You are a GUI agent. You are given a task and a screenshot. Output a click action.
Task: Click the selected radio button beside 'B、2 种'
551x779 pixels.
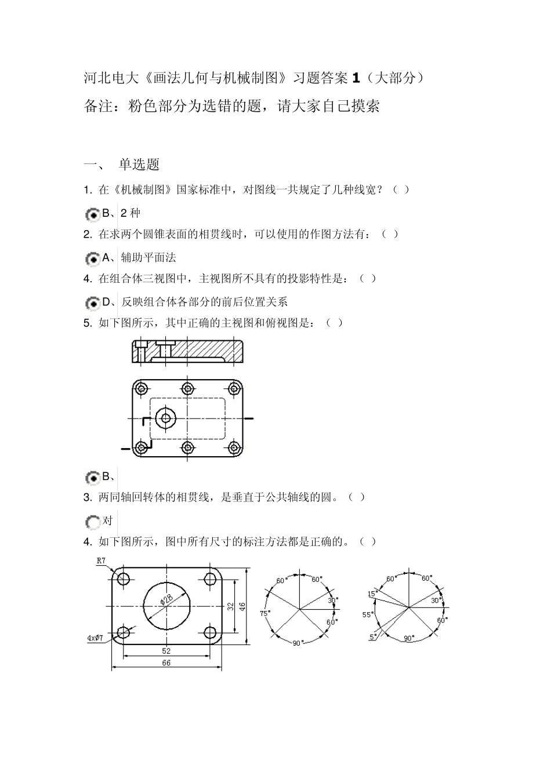92,214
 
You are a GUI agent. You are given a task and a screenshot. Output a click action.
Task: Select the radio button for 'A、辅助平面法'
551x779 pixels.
92,259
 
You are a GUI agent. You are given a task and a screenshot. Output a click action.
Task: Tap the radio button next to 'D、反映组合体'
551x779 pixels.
92,303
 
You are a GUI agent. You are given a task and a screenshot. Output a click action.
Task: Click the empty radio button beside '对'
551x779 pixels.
92,522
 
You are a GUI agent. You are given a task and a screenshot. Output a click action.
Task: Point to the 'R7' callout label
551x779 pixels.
101,560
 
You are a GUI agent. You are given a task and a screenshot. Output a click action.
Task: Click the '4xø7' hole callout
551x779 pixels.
95,638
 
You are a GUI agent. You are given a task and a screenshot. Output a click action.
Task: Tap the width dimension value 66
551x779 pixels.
166,662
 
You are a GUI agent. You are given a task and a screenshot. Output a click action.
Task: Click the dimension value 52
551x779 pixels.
166,651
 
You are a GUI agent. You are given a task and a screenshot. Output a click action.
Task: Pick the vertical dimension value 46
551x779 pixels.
242,606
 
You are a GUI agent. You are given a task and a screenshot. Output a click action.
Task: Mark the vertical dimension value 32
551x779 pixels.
230,606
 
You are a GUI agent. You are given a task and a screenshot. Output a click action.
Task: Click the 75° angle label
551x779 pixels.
264,613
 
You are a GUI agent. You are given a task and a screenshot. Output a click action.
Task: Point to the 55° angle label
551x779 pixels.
367,614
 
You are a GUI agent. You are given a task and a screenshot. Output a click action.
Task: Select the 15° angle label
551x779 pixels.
371,594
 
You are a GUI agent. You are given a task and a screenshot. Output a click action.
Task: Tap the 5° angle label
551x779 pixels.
372,636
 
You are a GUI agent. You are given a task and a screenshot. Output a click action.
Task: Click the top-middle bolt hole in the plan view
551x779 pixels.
187,388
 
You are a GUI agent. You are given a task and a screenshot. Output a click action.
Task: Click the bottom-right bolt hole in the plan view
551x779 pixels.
234,447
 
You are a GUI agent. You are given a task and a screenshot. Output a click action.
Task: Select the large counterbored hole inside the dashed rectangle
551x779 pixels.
166,418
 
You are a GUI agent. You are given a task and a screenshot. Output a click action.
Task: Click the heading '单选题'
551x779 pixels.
139,165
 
